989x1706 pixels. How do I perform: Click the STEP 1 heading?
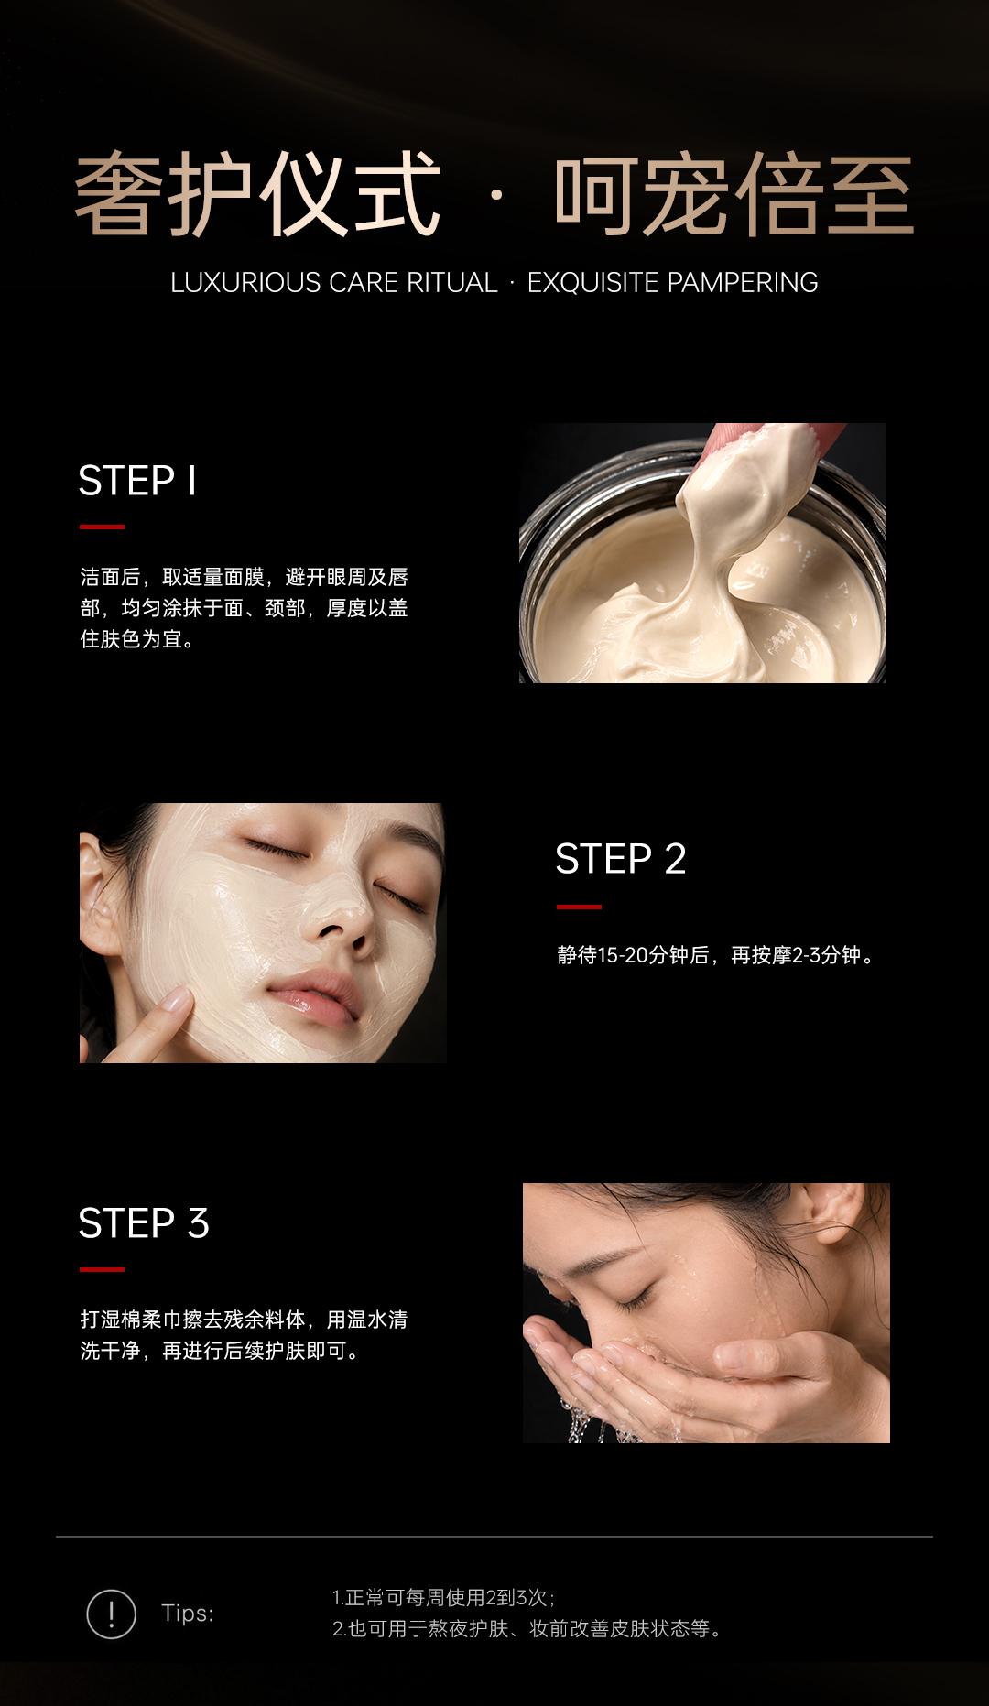tap(137, 481)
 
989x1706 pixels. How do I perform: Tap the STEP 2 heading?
tap(621, 859)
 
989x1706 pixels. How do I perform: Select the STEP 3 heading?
tap(144, 1223)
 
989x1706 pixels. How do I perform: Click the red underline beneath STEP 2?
tap(579, 907)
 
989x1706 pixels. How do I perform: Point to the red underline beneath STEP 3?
tap(102, 1269)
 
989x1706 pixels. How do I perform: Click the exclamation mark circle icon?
tap(111, 1614)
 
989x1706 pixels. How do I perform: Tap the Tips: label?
tap(188, 1613)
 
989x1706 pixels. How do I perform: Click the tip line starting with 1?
tap(444, 1597)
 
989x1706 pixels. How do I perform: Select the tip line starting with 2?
tap(528, 1628)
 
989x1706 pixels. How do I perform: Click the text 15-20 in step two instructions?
tap(623, 955)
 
